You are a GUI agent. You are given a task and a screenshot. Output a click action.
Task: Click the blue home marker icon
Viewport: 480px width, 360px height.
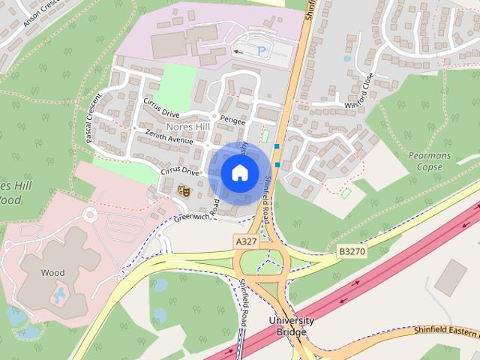click(x=239, y=172)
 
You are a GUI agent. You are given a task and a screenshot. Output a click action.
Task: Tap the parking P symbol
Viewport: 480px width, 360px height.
click(x=261, y=51)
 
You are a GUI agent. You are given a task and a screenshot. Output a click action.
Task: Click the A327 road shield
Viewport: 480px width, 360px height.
click(x=246, y=241)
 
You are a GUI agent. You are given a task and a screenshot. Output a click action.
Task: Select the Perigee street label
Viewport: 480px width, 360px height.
click(x=234, y=120)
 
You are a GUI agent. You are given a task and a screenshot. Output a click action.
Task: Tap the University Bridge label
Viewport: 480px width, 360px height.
click(x=291, y=325)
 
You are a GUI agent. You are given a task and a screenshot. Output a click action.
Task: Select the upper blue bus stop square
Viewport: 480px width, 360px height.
click(x=277, y=146)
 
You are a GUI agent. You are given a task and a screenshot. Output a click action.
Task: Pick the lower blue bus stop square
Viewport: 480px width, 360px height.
click(x=278, y=164)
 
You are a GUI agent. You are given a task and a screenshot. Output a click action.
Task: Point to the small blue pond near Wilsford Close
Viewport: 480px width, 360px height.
click(x=347, y=58)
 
